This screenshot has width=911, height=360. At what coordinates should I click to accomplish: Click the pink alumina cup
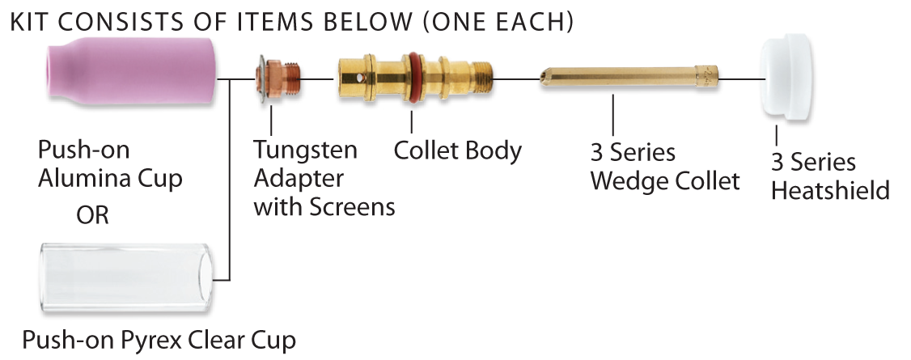tap(131, 74)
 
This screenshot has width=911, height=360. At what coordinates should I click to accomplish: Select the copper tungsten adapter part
tap(278, 78)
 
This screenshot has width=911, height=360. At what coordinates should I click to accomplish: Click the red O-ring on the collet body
tap(413, 77)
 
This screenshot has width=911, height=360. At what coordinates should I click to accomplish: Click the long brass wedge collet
tap(629, 77)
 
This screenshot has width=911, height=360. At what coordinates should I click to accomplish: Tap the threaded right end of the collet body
tap(481, 77)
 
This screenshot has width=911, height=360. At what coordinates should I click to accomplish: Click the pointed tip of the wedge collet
tap(541, 77)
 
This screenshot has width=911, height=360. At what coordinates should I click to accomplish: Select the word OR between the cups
tap(92, 215)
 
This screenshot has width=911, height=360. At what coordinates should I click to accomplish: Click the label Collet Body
tap(458, 150)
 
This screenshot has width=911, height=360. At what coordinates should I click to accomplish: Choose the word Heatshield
tap(830, 190)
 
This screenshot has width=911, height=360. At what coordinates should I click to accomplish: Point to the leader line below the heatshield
tap(777, 135)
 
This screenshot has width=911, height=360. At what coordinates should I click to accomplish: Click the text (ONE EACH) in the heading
tap(498, 22)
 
